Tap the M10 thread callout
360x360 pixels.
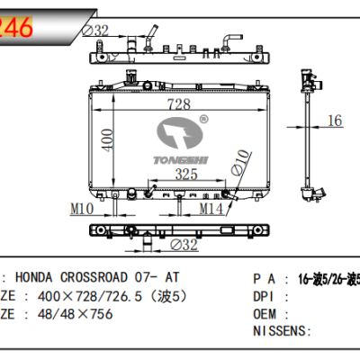click(83, 210)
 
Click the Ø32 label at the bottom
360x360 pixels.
click(184, 245)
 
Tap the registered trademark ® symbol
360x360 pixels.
click(204, 118)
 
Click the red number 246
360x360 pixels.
click(19, 28)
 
